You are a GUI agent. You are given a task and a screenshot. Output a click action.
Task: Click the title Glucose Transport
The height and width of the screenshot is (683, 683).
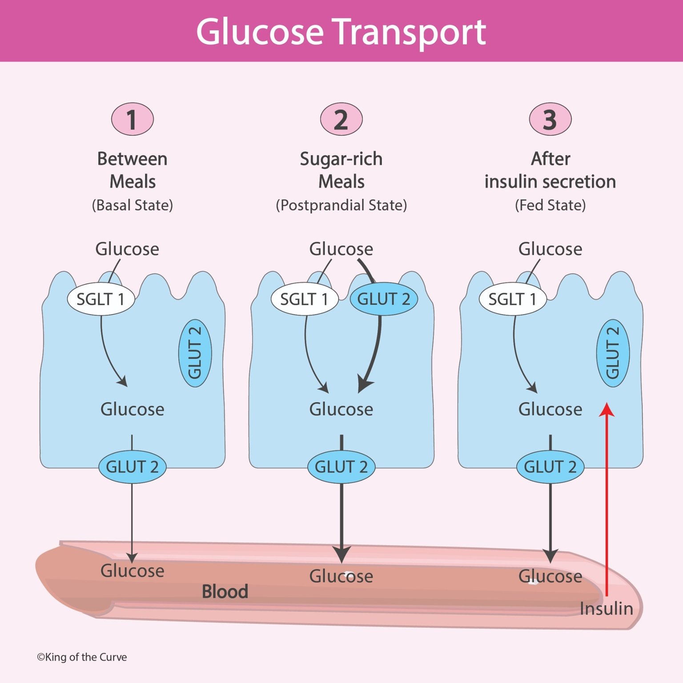click(341, 32)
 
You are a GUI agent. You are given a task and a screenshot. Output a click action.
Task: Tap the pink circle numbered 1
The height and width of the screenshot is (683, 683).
click(132, 119)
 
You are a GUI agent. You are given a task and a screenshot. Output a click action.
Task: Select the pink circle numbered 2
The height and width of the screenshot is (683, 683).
click(341, 119)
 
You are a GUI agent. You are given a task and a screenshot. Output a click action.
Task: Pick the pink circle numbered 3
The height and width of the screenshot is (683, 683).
click(550, 119)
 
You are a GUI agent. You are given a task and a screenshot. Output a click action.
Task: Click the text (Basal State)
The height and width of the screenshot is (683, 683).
click(132, 205)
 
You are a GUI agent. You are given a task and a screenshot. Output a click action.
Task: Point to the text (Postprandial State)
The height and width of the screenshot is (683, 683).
click(341, 205)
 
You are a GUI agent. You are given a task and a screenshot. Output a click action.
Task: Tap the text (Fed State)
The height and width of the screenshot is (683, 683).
click(550, 205)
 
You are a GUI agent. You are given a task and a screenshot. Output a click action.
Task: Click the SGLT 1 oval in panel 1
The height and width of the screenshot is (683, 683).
click(101, 299)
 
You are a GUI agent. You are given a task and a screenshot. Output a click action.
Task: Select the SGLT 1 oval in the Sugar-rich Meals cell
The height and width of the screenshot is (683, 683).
click(305, 299)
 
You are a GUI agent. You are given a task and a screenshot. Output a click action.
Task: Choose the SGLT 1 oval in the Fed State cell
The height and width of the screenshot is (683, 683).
click(512, 299)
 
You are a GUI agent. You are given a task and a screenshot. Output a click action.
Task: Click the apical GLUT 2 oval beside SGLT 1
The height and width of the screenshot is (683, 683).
click(384, 299)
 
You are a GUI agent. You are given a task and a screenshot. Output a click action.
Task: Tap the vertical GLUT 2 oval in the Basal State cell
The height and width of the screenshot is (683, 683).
click(195, 353)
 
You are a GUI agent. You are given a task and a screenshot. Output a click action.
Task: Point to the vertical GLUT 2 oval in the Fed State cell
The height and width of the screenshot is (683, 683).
click(613, 353)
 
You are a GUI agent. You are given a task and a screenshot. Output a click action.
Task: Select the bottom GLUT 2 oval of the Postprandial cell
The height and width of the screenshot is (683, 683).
click(341, 467)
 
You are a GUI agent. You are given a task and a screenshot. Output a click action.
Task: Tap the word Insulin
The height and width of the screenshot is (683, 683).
click(606, 609)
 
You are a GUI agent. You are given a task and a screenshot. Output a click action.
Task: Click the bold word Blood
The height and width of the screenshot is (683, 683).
click(225, 592)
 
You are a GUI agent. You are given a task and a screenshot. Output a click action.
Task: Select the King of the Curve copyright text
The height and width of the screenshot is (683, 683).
click(82, 657)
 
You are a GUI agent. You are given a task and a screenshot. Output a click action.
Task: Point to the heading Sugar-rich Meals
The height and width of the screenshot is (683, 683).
click(341, 170)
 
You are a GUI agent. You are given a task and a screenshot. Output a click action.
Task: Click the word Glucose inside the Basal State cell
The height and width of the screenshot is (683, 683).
click(132, 409)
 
